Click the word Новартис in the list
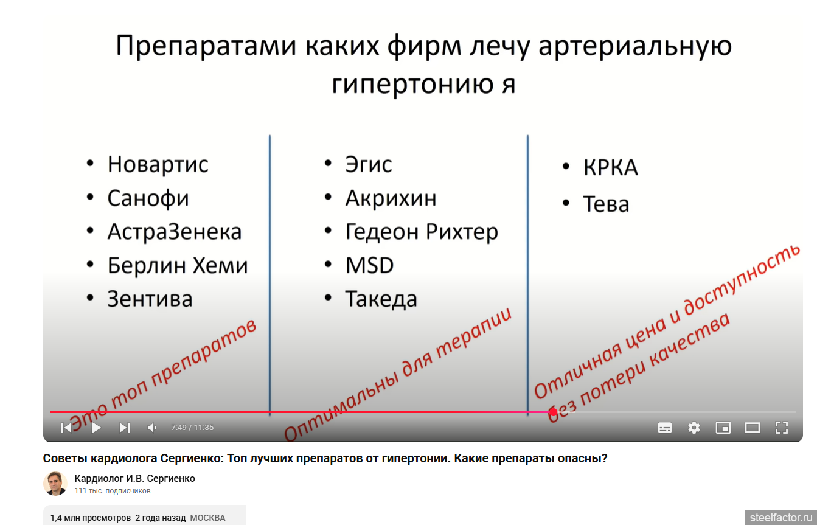(158, 164)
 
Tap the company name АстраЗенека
(175, 232)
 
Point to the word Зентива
(150, 299)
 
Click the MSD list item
(369, 265)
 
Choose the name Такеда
(381, 299)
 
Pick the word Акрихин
(391, 199)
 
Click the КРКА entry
(611, 167)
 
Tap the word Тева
(606, 204)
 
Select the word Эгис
(369, 164)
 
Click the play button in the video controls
(96, 428)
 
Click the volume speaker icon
(151, 428)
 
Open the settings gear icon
(694, 428)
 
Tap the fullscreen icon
(782, 428)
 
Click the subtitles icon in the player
(664, 428)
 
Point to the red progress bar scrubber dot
(554, 412)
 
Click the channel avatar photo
(55, 484)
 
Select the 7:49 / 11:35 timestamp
(192, 428)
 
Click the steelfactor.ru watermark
(781, 518)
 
